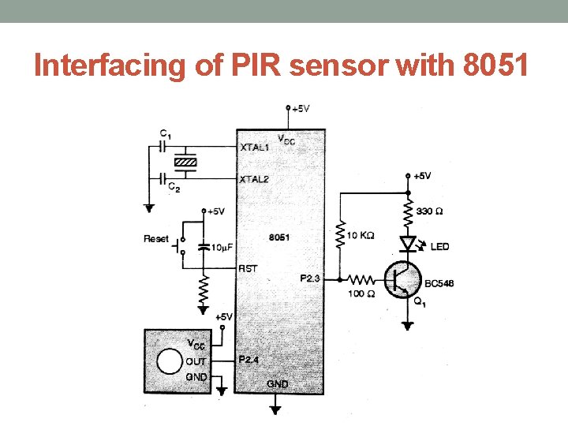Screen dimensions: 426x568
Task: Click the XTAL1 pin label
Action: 254,147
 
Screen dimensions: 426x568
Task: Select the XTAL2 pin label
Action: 254,179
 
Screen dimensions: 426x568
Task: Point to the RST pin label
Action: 248,268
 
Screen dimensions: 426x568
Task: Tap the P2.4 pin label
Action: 249,359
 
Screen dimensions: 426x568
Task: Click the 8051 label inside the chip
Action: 278,237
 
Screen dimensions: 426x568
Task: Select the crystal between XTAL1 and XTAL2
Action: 185,163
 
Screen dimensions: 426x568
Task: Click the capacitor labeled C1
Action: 164,146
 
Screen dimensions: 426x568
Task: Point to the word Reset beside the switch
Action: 156,238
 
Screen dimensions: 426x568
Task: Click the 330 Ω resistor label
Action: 429,211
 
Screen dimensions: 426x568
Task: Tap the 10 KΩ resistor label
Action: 361,235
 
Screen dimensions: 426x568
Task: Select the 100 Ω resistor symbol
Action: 362,278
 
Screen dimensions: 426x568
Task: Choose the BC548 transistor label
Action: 439,283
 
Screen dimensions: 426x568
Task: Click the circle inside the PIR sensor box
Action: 168,362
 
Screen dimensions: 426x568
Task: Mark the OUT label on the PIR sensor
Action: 196,361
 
